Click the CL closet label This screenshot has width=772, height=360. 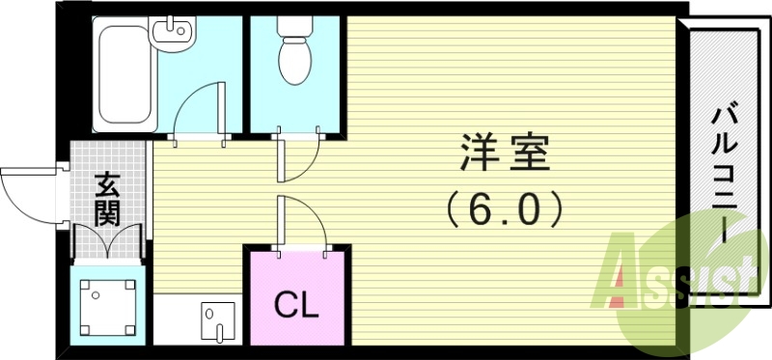296,307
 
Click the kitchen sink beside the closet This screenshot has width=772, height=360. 218,318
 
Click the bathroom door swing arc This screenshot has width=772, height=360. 201,106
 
